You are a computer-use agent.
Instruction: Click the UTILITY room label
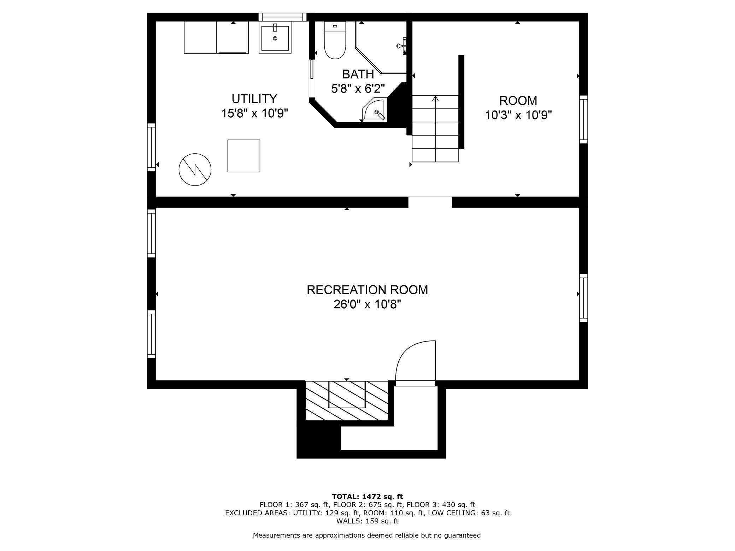coord(254,98)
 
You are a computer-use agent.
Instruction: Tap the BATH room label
coord(358,74)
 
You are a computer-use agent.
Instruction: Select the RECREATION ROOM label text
coord(367,290)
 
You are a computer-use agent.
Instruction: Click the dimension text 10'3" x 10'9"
coord(518,115)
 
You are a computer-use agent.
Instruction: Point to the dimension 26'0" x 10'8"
coord(367,304)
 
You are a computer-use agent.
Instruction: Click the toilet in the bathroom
coord(335,40)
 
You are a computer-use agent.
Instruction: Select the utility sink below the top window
coord(275,37)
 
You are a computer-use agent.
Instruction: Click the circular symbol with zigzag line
coord(195,170)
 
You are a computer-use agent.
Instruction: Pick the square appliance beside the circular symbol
coord(244,156)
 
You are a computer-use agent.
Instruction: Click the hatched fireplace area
coord(347,401)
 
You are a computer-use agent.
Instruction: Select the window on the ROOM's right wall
coord(583,119)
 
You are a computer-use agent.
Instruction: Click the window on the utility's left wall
coord(151,147)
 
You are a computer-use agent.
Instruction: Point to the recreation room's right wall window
coord(583,298)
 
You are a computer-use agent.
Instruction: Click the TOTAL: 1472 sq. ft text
coord(367,497)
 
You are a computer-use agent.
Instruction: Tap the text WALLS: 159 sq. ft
coord(367,521)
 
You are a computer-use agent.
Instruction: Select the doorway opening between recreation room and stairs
coord(430,202)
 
